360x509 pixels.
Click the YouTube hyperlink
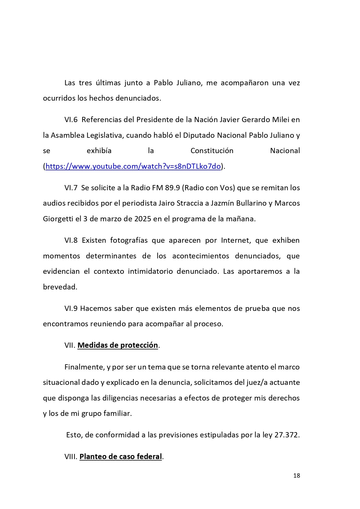pos(133,166)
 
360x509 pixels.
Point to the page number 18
pos(296,475)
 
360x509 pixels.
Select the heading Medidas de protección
pos(117,345)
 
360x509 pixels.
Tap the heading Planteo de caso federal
pos(120,457)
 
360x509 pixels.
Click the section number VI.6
pos(71,119)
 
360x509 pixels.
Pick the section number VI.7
pos(71,188)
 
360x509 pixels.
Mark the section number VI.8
pos(71,240)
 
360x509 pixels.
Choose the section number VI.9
pos(71,308)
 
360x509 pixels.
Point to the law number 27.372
pos(287,435)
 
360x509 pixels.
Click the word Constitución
pos(212,151)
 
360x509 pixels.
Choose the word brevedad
pos(60,287)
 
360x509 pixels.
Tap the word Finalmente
pos(84,367)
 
